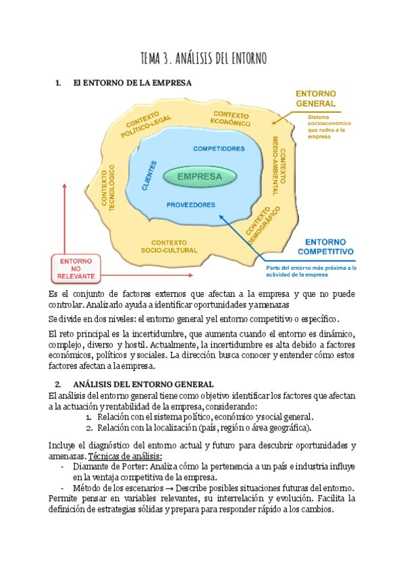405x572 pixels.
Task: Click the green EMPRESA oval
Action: pyautogui.click(x=200, y=177)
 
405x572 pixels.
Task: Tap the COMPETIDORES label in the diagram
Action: pyautogui.click(x=219, y=148)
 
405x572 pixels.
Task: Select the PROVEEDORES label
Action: pyautogui.click(x=191, y=204)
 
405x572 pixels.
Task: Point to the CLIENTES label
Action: pyautogui.click(x=150, y=177)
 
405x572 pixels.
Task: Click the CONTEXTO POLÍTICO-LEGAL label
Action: pyautogui.click(x=147, y=124)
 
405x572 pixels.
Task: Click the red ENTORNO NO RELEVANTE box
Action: pyautogui.click(x=76, y=268)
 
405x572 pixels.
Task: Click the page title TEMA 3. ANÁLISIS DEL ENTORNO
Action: pyautogui.click(x=203, y=59)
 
